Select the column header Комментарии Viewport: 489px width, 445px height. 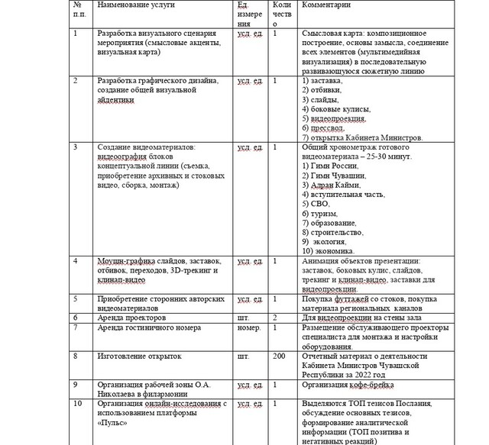click(x=327, y=5)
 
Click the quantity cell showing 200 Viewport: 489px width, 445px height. click(x=279, y=356)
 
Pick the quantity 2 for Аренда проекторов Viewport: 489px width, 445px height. click(x=274, y=317)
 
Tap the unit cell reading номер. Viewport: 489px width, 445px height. click(x=250, y=328)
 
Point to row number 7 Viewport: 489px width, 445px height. click(x=74, y=328)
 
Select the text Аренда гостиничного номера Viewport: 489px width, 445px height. click(x=145, y=328)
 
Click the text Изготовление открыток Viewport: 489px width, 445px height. click(x=136, y=356)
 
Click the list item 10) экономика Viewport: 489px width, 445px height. click(x=331, y=250)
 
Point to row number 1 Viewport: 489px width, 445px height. click(x=74, y=34)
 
